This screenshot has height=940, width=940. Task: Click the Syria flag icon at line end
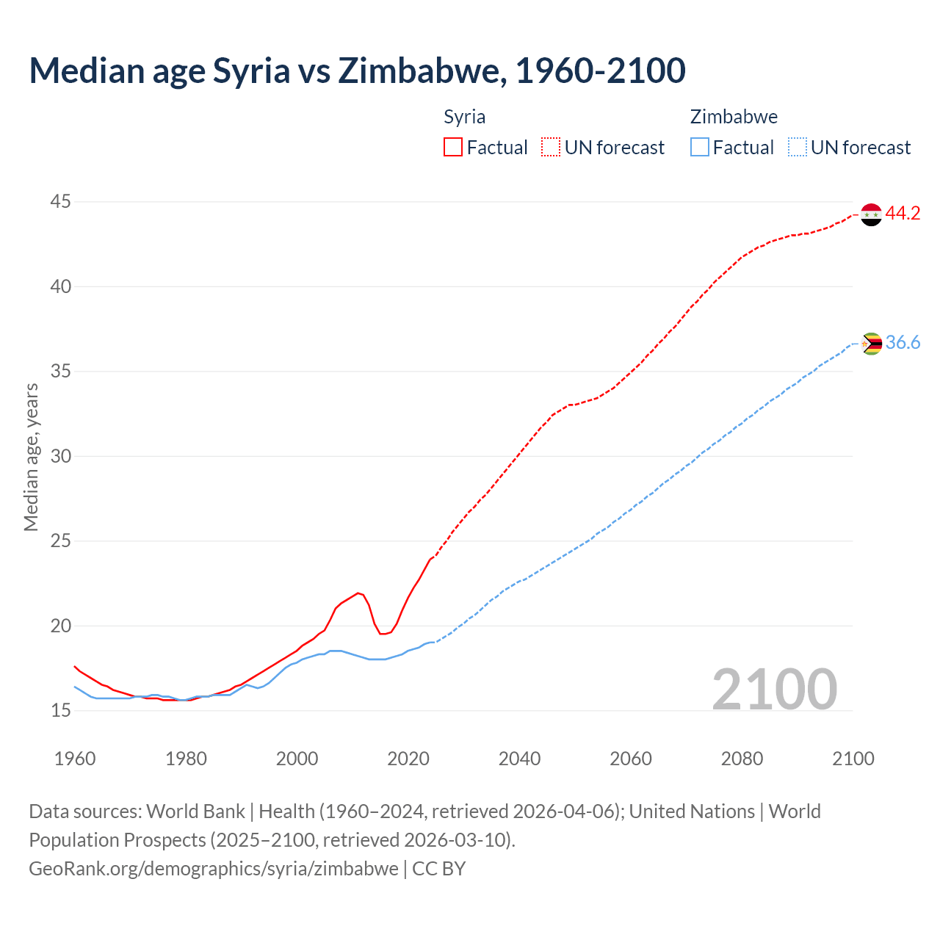871,214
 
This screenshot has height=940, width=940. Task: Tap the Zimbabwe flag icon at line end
871,344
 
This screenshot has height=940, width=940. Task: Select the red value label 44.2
903,214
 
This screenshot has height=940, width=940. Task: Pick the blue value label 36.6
903,343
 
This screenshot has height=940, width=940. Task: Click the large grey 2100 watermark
774,690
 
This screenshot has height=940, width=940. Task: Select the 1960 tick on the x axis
75,759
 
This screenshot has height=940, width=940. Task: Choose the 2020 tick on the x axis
408,759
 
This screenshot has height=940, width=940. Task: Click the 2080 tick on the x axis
742,759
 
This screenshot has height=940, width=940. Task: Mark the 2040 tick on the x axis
519,759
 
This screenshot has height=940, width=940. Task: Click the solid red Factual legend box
453,148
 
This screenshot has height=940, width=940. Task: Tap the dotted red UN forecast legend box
551,148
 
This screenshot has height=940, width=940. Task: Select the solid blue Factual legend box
700,148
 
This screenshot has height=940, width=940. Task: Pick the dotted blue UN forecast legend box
798,148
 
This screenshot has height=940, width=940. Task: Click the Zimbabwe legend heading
734,117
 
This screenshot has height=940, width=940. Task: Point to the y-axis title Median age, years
31,457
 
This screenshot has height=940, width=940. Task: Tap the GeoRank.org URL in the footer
213,869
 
